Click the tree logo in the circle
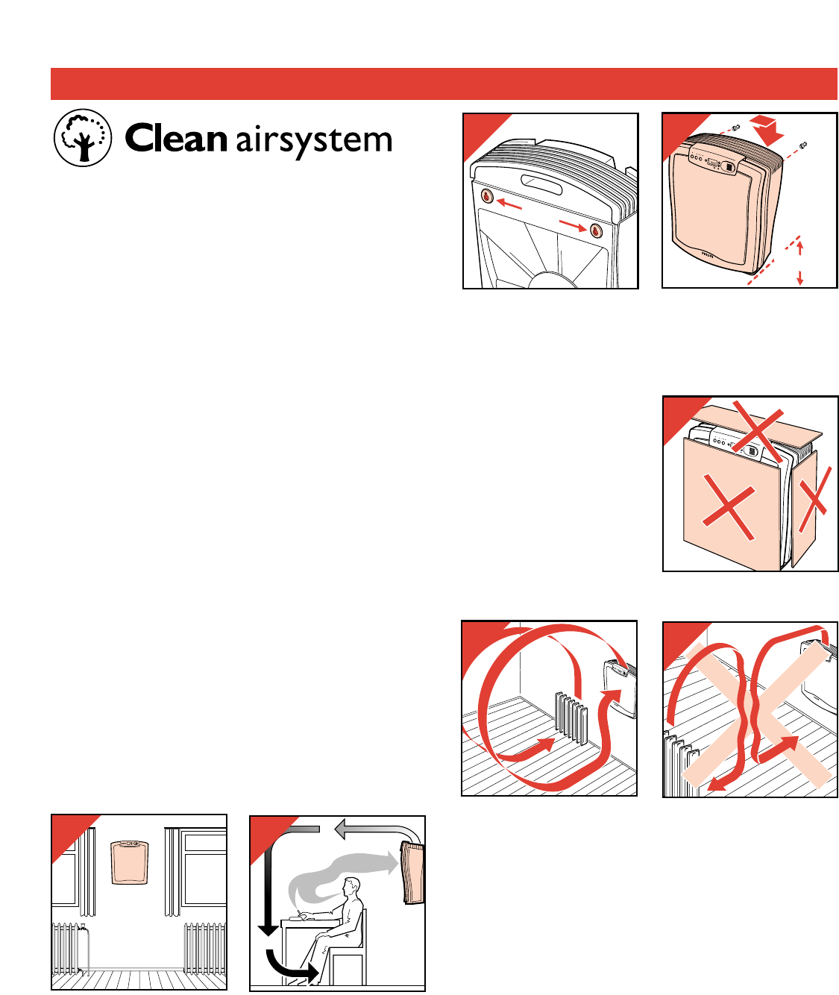tap(83, 139)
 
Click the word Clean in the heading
tap(176, 139)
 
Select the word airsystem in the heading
tap(314, 142)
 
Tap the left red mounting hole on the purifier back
tap(486, 197)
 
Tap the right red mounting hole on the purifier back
tap(596, 230)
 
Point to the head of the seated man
tap(351, 888)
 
